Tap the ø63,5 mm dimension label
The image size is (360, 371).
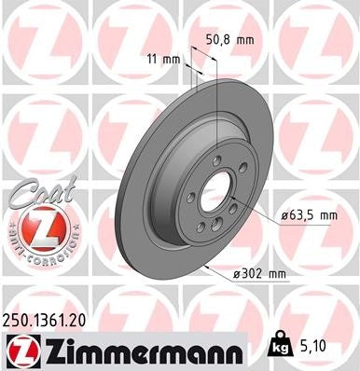[309, 216]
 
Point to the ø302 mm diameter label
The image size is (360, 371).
[258, 273]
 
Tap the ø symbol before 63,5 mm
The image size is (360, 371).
[283, 216]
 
